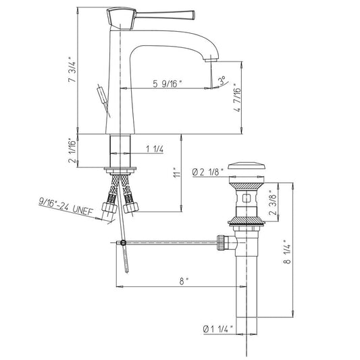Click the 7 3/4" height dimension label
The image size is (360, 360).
pos(72,70)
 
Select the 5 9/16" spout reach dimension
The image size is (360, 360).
pos(168,84)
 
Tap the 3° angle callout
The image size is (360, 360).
pos(222,81)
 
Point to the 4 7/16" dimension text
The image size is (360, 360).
pos(237,97)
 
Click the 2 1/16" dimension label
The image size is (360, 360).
pos(72,151)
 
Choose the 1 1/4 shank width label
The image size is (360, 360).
pos(155,149)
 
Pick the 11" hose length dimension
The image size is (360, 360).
pos(177,172)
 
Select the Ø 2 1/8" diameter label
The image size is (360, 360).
pos(208,172)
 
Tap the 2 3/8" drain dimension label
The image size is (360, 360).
pos(274,203)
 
